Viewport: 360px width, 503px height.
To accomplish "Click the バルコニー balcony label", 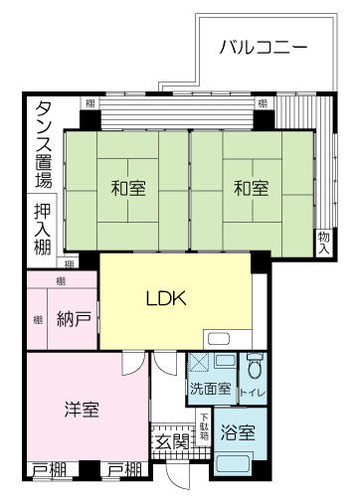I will (x=262, y=47).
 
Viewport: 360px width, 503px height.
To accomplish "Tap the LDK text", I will (x=167, y=298).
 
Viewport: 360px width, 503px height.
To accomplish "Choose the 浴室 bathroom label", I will (x=238, y=433).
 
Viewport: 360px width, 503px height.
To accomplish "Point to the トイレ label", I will (x=254, y=393).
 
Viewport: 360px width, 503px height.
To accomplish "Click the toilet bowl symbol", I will (x=254, y=368).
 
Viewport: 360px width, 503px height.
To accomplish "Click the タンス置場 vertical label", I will (x=44, y=144).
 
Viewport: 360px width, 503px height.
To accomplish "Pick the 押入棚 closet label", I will (x=44, y=231).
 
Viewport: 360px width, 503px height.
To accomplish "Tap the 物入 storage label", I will (x=323, y=243).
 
